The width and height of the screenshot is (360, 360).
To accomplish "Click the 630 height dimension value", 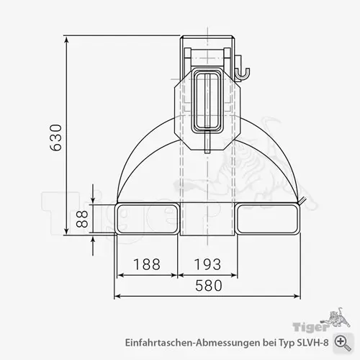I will tap(56, 138).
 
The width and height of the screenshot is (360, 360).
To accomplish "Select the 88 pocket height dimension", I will tap(81, 219).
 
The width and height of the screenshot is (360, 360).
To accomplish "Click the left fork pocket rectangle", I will tap(148, 217).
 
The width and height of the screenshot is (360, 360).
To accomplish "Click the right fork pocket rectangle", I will tap(266, 217).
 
